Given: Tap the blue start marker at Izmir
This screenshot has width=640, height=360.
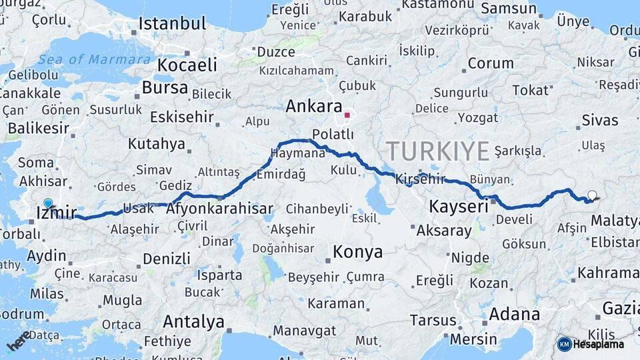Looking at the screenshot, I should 48,203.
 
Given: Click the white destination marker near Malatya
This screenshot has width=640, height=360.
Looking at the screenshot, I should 592,195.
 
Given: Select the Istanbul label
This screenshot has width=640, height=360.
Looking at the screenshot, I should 172,24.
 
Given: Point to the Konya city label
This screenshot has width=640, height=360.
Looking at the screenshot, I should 357,252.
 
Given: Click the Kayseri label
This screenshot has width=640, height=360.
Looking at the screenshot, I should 459,207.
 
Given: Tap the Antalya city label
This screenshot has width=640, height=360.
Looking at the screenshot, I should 193,322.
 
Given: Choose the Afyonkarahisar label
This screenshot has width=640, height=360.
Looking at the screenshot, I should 219,209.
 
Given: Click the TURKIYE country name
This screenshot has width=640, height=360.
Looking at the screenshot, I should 437,151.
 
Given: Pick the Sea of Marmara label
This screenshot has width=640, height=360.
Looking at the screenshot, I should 94,60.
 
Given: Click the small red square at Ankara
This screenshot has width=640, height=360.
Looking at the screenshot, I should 347,115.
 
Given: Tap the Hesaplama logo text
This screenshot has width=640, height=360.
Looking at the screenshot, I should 599,345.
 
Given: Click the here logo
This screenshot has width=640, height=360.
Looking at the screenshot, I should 19,340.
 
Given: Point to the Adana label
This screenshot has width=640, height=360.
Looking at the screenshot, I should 514,313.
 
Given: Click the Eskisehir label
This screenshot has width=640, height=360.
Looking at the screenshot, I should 182,117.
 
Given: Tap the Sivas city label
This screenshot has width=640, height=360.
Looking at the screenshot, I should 599,121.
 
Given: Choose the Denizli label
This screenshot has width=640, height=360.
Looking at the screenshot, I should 166,259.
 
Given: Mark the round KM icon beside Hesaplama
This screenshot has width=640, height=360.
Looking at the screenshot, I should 565,345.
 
